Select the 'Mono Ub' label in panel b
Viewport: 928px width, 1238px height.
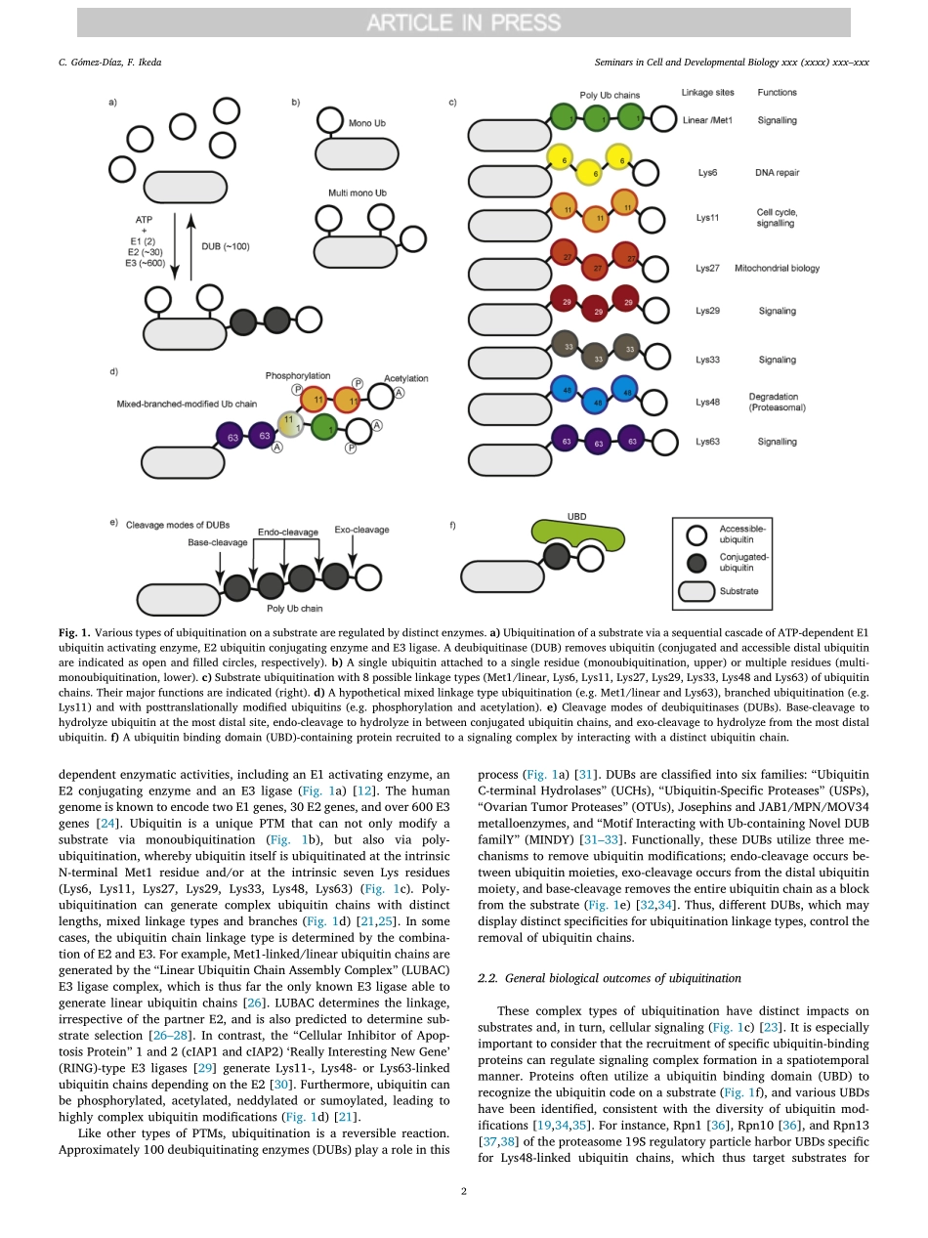366,124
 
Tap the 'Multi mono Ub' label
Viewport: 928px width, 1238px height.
358,193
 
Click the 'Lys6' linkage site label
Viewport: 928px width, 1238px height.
706,173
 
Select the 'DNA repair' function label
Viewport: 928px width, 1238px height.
777,173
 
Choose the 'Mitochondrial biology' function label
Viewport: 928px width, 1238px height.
777,268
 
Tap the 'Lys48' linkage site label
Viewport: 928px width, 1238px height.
708,402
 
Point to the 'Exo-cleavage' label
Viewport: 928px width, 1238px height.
361,530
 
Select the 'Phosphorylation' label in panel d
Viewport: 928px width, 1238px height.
298,375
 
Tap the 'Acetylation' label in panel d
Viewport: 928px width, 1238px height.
405,378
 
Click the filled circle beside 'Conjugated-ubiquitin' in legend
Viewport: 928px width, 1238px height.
696,563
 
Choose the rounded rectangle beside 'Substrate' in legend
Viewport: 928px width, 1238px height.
696,591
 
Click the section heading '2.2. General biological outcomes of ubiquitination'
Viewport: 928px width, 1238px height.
610,978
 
